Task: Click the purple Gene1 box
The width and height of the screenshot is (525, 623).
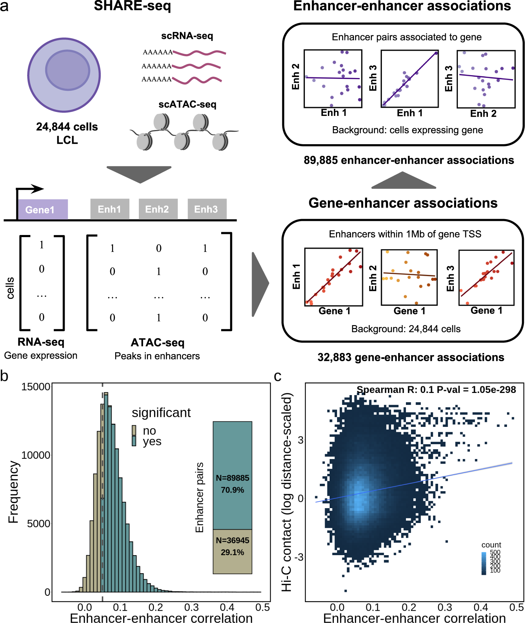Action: pyautogui.click(x=43, y=209)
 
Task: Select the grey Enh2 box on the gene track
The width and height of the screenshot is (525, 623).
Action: pyautogui.click(x=158, y=209)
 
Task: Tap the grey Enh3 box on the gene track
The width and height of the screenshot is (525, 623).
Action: pyautogui.click(x=207, y=209)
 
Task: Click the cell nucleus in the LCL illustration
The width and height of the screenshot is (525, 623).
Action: pyautogui.click(x=67, y=70)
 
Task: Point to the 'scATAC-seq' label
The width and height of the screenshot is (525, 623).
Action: pyautogui.click(x=187, y=104)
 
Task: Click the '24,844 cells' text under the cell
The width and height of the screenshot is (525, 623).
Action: pyautogui.click(x=67, y=127)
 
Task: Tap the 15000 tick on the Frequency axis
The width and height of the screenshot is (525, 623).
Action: pyautogui.click(x=36, y=387)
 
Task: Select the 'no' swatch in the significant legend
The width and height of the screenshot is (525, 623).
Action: pyautogui.click(x=134, y=430)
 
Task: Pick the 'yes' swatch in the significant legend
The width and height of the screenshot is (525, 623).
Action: pyautogui.click(x=134, y=441)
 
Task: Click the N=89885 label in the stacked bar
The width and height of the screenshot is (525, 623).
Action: pyautogui.click(x=232, y=478)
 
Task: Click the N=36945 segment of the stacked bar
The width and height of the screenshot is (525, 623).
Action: pyautogui.click(x=232, y=551)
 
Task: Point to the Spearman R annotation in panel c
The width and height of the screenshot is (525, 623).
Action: pyautogui.click(x=436, y=389)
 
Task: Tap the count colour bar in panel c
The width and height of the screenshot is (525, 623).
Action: pyautogui.click(x=484, y=563)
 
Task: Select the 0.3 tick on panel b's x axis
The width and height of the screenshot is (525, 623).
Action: pyautogui.click(x=191, y=607)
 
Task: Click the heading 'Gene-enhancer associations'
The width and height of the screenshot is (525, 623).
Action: pyautogui.click(x=403, y=203)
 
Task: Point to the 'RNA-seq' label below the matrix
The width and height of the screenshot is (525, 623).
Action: pyautogui.click(x=41, y=342)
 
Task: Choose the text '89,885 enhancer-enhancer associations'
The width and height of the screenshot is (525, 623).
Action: pyautogui.click(x=409, y=160)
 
